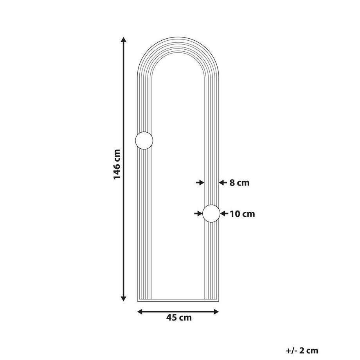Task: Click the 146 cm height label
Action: (117, 164)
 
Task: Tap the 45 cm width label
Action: (179, 318)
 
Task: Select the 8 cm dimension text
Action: (239, 183)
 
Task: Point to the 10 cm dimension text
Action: (243, 214)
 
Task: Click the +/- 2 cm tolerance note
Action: (302, 351)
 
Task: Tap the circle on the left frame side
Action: (144, 140)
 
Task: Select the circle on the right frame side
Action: (211, 214)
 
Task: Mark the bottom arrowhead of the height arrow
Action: (124, 299)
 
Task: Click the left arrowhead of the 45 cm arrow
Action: (140, 311)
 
